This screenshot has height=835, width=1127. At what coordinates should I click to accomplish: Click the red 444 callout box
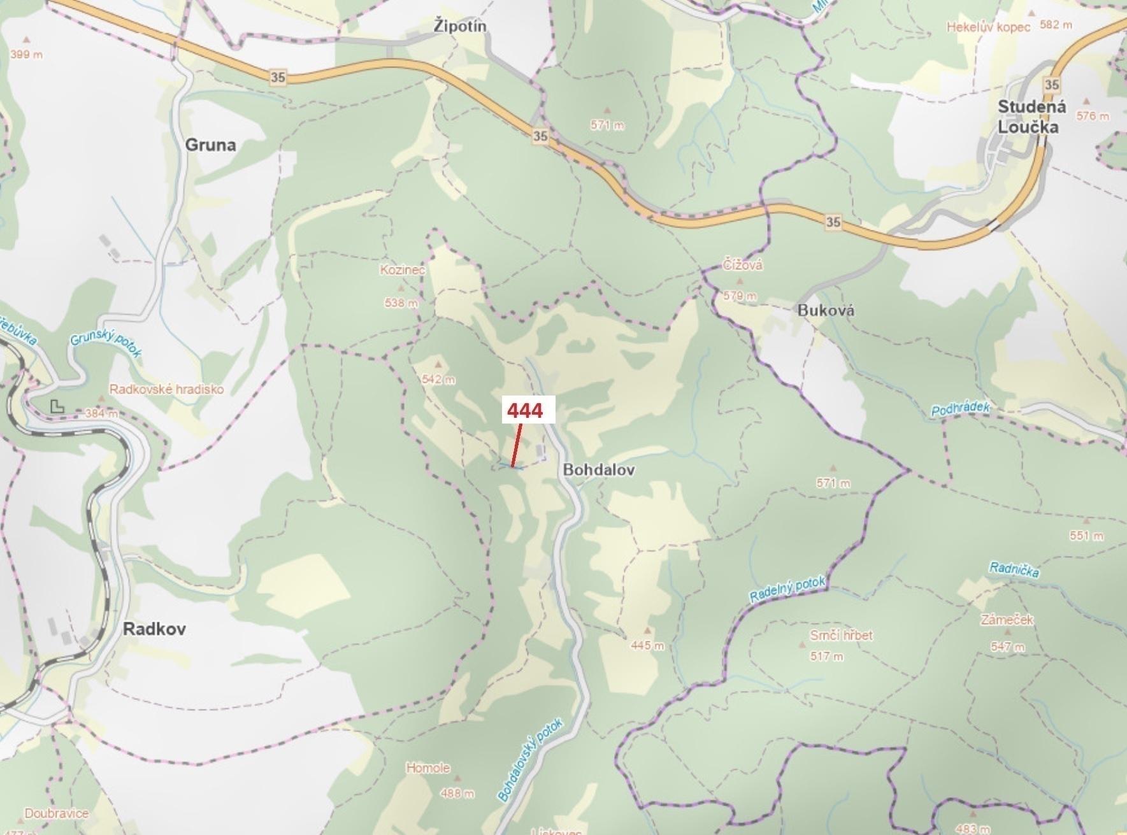(x=525, y=411)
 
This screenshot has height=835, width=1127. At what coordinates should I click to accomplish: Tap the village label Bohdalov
(x=599, y=470)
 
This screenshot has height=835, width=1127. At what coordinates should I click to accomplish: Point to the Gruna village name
(x=210, y=145)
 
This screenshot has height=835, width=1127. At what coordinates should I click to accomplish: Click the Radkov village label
(x=154, y=629)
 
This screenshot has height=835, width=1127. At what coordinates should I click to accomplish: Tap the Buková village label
(x=826, y=311)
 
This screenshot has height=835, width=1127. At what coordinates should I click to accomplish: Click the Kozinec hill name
(x=402, y=270)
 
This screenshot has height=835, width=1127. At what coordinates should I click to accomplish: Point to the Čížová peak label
(x=742, y=265)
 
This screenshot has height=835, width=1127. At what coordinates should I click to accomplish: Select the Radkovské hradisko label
(x=166, y=389)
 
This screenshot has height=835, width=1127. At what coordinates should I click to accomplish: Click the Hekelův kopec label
(x=988, y=27)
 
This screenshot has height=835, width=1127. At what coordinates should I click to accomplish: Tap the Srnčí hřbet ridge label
(x=841, y=635)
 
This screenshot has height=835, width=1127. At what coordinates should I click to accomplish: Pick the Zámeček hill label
(x=1007, y=619)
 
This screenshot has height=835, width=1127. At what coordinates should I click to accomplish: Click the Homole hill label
(x=428, y=768)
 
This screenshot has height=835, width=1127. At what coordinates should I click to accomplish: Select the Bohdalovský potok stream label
(x=530, y=760)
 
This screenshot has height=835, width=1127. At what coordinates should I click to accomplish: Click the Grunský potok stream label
(x=106, y=344)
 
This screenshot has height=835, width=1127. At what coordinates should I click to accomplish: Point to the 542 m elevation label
(x=438, y=380)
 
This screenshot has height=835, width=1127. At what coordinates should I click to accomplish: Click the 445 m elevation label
(x=647, y=646)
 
